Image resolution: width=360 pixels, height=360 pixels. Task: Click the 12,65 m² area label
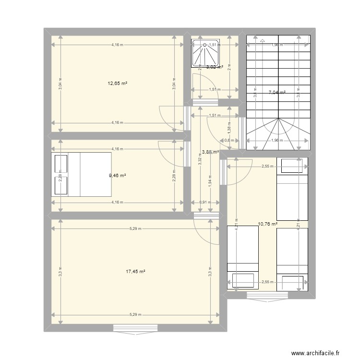(118, 83)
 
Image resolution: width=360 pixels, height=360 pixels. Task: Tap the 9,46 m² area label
(118, 176)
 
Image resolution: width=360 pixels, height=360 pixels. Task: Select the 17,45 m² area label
(135, 271)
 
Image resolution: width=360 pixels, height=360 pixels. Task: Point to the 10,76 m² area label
(267, 224)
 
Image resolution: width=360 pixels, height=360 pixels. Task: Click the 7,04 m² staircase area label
(277, 93)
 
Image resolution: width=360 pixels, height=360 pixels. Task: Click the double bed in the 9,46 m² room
(82, 174)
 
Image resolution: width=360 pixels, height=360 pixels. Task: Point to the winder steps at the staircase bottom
(278, 134)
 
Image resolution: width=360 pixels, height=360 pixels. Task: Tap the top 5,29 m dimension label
(135, 228)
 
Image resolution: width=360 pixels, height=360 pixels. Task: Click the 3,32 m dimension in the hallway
(199, 163)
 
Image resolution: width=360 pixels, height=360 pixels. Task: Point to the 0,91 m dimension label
(204, 202)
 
